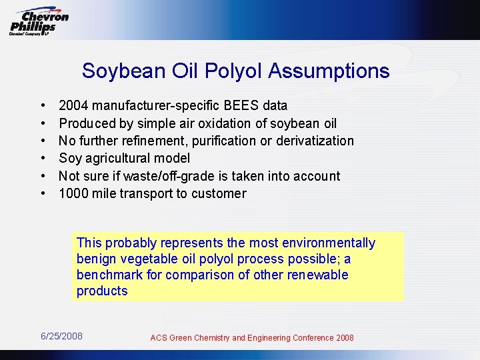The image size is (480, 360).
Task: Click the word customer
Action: [219, 194]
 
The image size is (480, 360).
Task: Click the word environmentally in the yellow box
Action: [329, 243]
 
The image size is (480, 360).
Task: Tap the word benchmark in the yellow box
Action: [109, 275]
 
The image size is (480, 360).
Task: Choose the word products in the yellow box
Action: [102, 291]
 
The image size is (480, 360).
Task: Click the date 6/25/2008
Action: [62, 336]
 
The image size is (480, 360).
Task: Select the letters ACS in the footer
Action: [159, 338]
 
